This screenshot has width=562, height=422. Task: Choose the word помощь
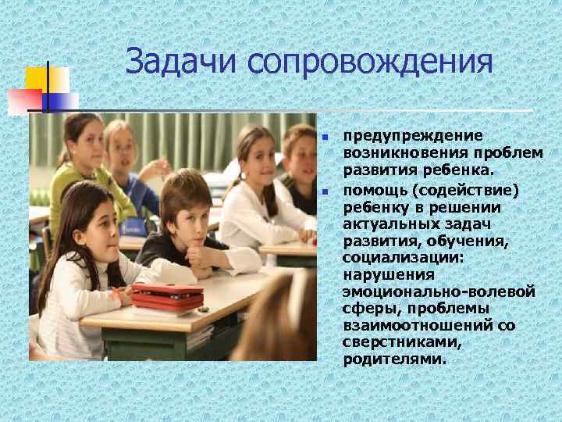[x=370, y=191]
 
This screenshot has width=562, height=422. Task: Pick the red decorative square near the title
[x=24, y=101]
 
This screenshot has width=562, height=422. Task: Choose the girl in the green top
[x=76, y=160]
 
